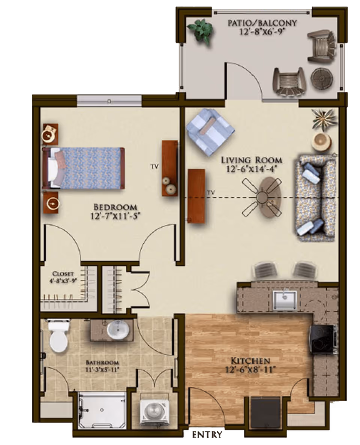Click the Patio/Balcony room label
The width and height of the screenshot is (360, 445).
click(x=262, y=23)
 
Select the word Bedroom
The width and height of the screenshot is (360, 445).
click(x=115, y=207)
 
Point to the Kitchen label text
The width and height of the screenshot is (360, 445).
click(x=250, y=361)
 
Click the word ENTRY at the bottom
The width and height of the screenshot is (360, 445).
click(x=207, y=435)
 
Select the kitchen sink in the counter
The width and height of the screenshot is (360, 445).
click(x=285, y=300)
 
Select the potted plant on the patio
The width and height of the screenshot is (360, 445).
click(x=200, y=29)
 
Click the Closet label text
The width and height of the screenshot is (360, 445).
click(x=63, y=273)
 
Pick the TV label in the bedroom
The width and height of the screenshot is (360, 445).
click(x=153, y=165)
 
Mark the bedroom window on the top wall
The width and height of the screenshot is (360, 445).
click(x=109, y=101)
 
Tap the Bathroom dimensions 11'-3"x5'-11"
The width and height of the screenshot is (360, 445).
click(x=102, y=369)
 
